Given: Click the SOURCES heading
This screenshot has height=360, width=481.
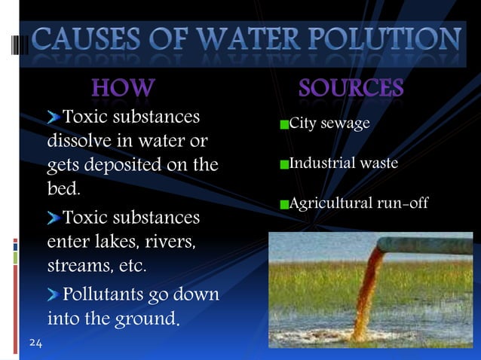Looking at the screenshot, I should pos(351,89).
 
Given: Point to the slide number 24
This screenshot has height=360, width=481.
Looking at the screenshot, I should pos(35,343).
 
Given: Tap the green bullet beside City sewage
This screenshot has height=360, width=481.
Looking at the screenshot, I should pos(283,124).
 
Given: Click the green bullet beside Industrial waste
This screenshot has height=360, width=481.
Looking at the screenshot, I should pos(283,163).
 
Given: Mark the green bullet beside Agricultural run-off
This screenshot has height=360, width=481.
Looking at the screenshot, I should pos(283,204).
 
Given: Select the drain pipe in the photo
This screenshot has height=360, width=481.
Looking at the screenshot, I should pos(422,245).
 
